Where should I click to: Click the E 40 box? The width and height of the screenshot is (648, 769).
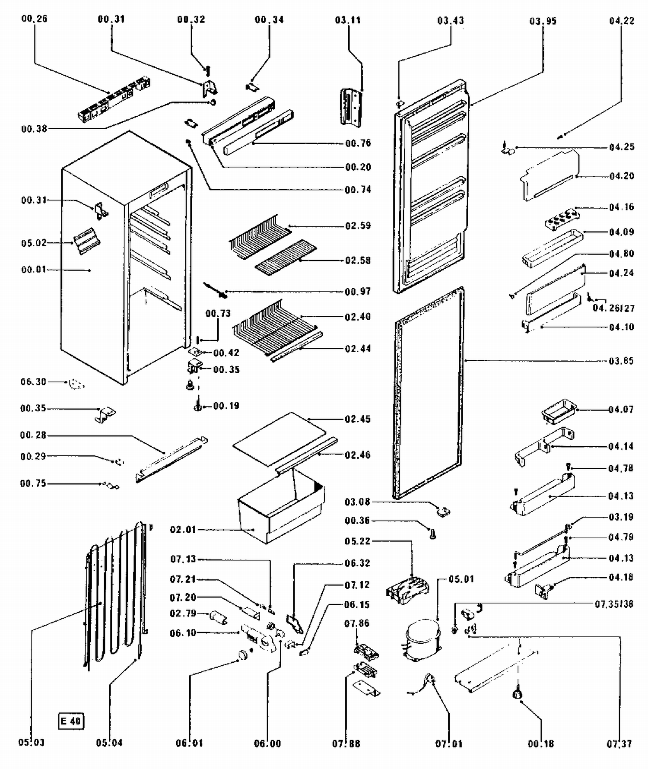(x=71, y=721)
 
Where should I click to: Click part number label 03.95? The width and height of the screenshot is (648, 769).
(x=543, y=21)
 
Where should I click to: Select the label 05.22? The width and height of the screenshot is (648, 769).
(x=357, y=541)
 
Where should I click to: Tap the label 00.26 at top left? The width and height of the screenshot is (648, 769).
(x=34, y=19)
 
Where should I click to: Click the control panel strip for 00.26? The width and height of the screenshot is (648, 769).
(x=114, y=100)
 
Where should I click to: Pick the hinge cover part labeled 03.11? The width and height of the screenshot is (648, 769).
(x=350, y=107)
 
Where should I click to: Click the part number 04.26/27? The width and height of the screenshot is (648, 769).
(x=613, y=308)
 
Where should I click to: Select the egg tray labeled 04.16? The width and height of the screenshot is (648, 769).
(x=562, y=219)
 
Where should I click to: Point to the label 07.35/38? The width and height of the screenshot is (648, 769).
(x=614, y=604)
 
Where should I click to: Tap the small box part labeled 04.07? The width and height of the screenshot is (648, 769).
(x=558, y=410)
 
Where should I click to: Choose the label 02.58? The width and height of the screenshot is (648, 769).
(x=358, y=261)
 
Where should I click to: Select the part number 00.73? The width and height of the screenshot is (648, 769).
(x=218, y=314)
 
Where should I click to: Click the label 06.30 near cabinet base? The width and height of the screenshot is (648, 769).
(x=33, y=382)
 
